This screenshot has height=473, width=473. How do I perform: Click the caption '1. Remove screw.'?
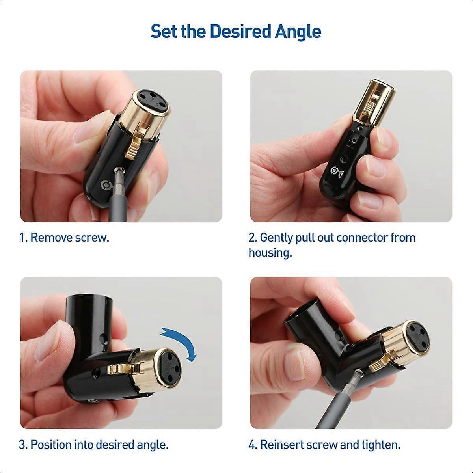pyautogui.click(x=64, y=238)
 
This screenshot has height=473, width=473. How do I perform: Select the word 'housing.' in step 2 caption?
pyautogui.click(x=270, y=253)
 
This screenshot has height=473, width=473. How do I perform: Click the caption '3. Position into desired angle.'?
pyautogui.click(x=94, y=445)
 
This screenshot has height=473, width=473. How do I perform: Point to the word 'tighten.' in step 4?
pyautogui.click(x=381, y=445)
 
